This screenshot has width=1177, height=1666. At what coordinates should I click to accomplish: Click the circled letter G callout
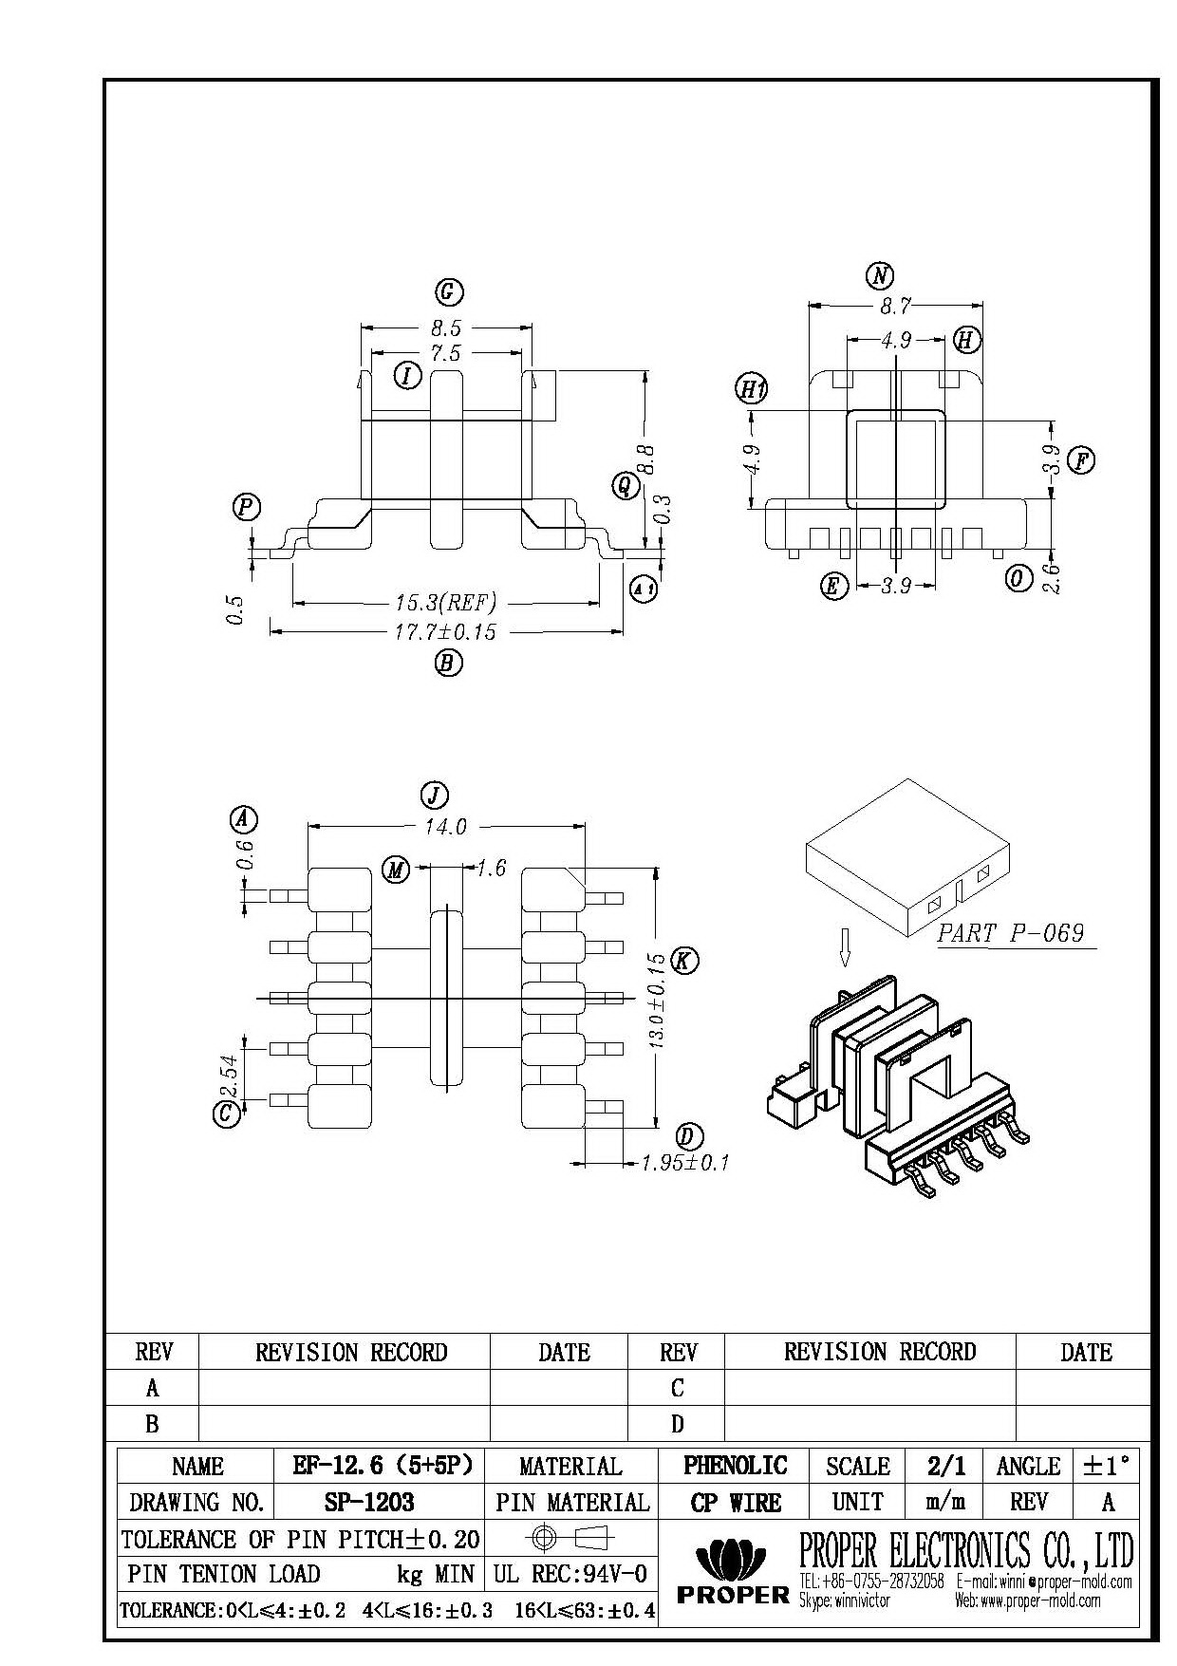pos(448,291)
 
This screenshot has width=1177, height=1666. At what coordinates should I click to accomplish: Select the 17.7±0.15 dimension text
pos(445,632)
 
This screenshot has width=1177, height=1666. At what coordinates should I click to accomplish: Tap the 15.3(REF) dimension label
pos(445,603)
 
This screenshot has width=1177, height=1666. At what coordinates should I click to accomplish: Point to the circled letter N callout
pos(880,275)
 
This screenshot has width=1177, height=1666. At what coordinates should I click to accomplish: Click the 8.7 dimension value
pos(895,306)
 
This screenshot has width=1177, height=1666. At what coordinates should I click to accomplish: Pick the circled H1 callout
pos(751,388)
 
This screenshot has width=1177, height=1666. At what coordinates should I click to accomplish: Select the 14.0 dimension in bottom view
pos(445,827)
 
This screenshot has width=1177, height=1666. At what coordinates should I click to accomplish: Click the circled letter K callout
pos(684,960)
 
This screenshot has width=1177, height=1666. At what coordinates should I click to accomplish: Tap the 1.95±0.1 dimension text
pos(685,1162)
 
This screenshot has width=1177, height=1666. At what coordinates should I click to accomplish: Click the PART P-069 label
pos(1010,933)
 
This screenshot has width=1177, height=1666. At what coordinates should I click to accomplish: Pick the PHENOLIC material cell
pos(735,1466)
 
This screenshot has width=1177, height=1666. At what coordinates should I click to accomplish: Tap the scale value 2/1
pos(946,1466)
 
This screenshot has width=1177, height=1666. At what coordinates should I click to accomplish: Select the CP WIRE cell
pos(735,1502)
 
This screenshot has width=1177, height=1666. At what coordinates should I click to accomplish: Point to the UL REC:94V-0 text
pos(570,1575)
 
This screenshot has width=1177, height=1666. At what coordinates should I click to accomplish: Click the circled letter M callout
pos(396,869)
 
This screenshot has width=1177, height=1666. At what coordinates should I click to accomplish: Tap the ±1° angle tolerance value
pos(1108,1466)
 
